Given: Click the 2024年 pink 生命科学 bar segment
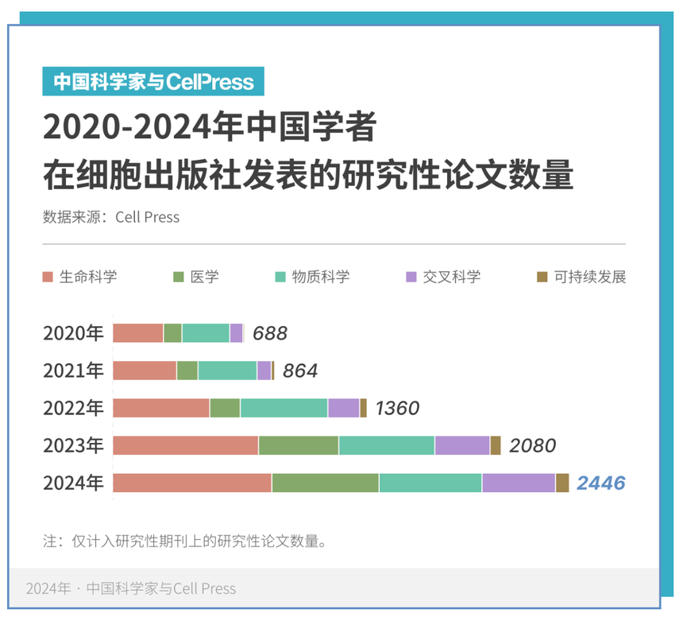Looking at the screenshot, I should (192, 483).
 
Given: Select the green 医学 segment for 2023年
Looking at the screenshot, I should (299, 445).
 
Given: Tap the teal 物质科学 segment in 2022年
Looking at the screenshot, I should (284, 408).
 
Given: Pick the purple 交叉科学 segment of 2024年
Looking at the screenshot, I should (519, 483).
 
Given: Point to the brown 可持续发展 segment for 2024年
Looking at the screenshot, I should (562, 483).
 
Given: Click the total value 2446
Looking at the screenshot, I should (600, 483).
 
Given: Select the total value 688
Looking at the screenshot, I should (270, 333).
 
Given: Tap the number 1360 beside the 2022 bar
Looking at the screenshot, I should (397, 409).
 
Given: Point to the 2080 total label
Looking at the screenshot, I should (532, 445).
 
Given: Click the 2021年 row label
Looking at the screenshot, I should (73, 371).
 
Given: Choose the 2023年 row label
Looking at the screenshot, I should (73, 445).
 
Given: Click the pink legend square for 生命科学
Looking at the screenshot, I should (48, 277).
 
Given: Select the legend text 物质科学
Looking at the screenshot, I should (321, 277).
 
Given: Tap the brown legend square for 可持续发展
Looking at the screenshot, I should (542, 277).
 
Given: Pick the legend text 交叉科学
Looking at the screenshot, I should (452, 277).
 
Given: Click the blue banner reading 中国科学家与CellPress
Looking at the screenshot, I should (153, 82).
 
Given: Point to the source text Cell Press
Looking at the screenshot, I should (148, 217).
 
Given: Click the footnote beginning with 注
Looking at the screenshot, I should (185, 541).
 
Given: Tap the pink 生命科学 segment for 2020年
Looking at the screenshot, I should (138, 333).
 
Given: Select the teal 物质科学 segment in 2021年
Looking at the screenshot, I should (227, 371).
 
